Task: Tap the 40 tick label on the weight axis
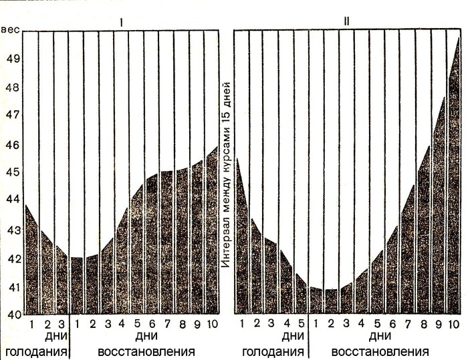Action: tap(11, 313)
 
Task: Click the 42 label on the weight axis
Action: tap(11, 258)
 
